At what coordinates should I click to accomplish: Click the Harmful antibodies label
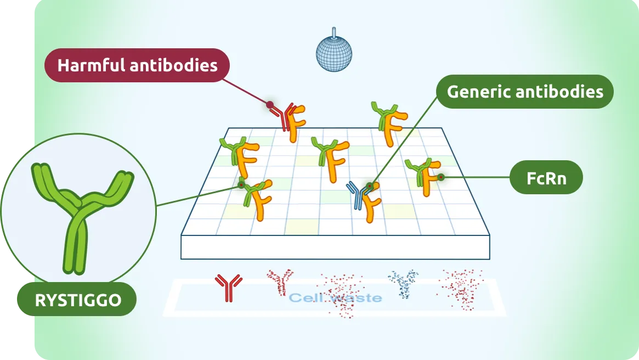137,66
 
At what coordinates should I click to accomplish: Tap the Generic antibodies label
525,91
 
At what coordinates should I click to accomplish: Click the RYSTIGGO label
77,300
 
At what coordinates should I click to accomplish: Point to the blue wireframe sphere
333,54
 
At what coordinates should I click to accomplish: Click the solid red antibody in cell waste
228,287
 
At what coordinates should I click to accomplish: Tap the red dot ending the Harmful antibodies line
270,104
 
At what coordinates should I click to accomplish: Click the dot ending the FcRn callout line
440,177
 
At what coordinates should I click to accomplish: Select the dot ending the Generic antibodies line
370,187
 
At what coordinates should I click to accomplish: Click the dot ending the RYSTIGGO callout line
241,185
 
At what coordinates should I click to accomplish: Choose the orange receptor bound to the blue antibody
373,203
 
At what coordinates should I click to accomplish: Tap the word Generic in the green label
475,91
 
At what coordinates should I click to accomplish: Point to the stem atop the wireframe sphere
333,32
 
